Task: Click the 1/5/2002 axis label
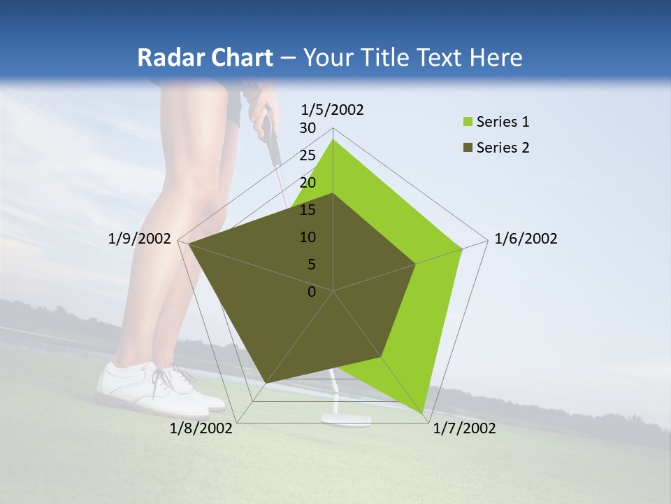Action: pyautogui.click(x=333, y=110)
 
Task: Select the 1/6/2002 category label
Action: pyautogui.click(x=526, y=239)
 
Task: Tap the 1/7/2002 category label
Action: pyautogui.click(x=464, y=428)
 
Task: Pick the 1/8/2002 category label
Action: pyautogui.click(x=201, y=428)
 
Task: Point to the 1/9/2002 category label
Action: pyautogui.click(x=140, y=239)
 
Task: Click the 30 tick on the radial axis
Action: pyautogui.click(x=308, y=128)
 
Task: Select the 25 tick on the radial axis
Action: pyautogui.click(x=308, y=155)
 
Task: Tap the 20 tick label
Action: pyautogui.click(x=308, y=183)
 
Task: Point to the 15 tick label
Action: pyautogui.click(x=308, y=210)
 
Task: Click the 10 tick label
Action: pyautogui.click(x=308, y=237)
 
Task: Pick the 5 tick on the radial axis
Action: pyautogui.click(x=311, y=265)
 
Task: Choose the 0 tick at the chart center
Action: pyautogui.click(x=312, y=292)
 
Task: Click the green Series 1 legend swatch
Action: pyautogui.click(x=467, y=122)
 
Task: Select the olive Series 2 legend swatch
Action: pyautogui.click(x=467, y=148)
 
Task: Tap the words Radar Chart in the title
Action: pyautogui.click(x=205, y=58)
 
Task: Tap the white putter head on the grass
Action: pyautogui.click(x=346, y=419)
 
